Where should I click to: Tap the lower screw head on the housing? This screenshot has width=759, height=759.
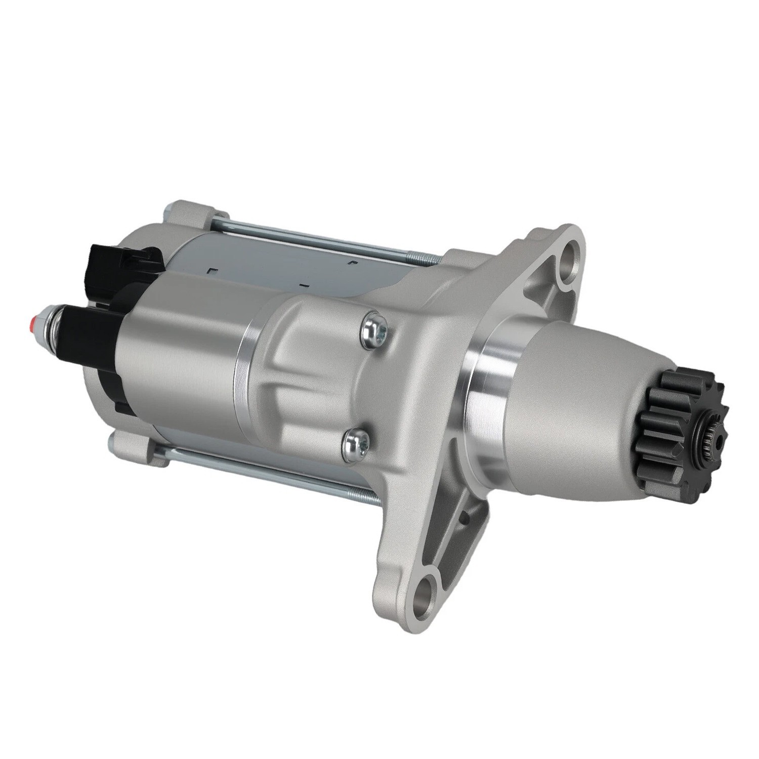click(354, 441)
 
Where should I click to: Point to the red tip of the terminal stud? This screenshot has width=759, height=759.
click(34, 320)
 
